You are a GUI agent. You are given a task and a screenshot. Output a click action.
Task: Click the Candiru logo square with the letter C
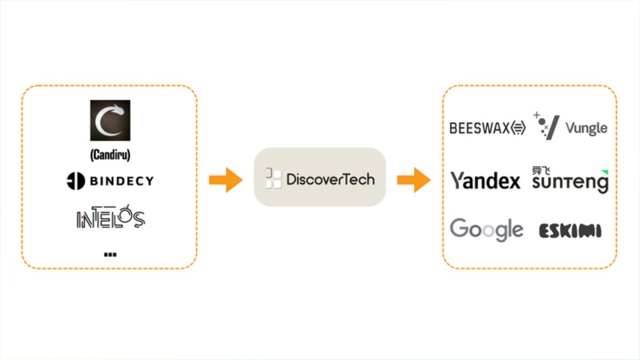click(110, 121)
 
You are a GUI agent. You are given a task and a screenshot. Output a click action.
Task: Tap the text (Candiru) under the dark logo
click(110, 155)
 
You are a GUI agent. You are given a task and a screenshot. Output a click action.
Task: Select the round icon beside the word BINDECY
click(75, 181)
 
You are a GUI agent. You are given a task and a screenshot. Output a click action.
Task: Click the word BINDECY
click(121, 181)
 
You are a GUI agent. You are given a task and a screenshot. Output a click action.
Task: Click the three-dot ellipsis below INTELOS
click(110, 255)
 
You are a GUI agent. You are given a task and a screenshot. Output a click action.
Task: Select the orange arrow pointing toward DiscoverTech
click(226, 179)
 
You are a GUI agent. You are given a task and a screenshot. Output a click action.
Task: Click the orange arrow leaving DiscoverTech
click(414, 179)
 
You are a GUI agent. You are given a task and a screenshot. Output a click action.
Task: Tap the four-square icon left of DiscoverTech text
click(273, 179)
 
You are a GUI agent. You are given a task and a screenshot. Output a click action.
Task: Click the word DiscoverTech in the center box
click(331, 179)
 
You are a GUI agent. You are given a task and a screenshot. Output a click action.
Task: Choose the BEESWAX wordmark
click(479, 128)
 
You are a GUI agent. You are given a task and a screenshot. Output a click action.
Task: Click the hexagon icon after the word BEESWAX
click(519, 128)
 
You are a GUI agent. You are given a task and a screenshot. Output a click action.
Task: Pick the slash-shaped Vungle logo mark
click(546, 126)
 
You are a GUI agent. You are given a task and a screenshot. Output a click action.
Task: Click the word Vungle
click(587, 128)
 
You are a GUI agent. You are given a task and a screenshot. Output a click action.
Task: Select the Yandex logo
click(485, 181)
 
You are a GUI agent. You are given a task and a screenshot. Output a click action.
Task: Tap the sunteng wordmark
click(570, 183)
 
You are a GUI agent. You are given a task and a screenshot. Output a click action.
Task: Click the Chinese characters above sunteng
click(541, 170)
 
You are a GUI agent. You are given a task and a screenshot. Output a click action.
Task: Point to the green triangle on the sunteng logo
click(605, 172)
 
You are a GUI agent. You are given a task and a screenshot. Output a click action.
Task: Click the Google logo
click(487, 229)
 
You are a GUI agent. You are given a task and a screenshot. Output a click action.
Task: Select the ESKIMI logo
click(570, 231)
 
